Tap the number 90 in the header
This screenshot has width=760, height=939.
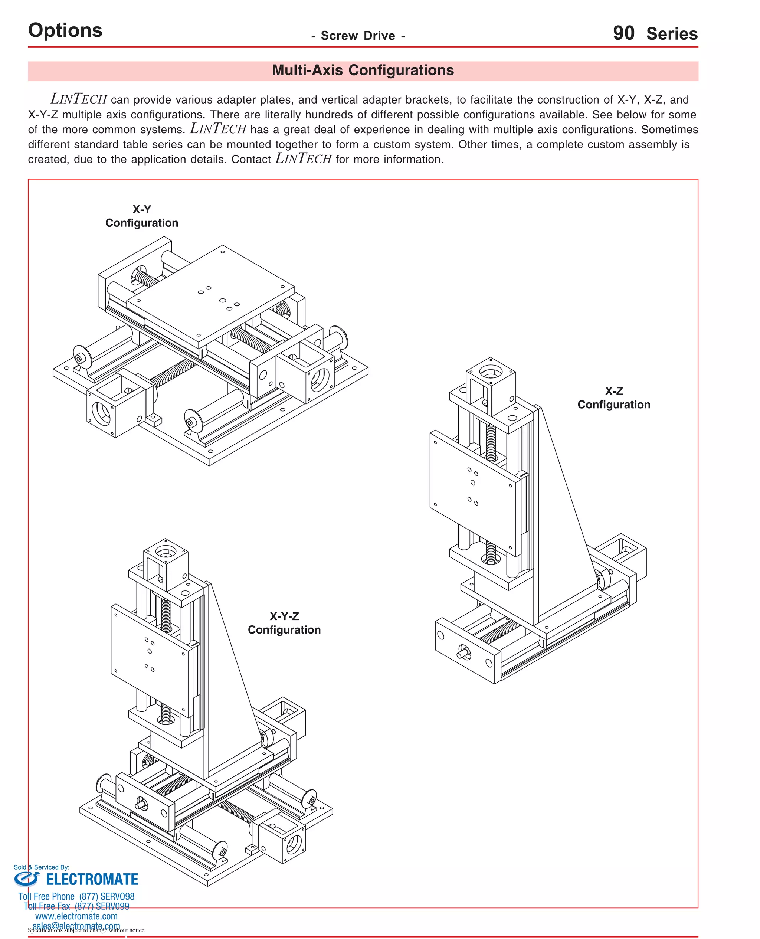[623, 34]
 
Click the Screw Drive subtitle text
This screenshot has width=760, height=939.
[358, 36]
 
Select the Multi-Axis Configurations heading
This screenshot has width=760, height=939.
[363, 71]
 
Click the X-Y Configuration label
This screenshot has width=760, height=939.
[141, 216]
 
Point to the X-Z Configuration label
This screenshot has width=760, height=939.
[613, 397]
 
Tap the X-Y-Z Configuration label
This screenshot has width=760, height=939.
[284, 623]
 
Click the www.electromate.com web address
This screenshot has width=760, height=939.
[76, 916]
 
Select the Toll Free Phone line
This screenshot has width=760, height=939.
[76, 896]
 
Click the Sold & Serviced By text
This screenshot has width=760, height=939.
[41, 867]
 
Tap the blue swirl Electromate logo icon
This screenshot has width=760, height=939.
[26, 879]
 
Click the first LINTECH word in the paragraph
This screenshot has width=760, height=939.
[78, 99]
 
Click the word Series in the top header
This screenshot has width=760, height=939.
[672, 34]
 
